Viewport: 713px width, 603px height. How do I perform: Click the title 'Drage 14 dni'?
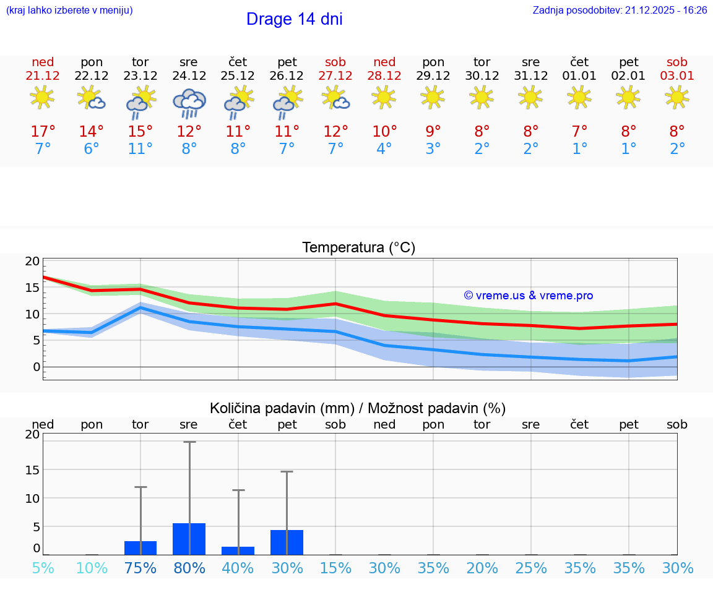tap(294, 19)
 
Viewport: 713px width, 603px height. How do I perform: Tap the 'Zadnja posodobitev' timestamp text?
tap(620, 11)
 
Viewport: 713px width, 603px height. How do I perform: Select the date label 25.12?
tap(238, 76)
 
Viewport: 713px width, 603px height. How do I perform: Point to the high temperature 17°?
tap(43, 132)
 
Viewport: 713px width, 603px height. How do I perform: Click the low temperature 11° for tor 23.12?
tap(140, 149)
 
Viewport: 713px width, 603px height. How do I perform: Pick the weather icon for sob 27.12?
tap(335, 98)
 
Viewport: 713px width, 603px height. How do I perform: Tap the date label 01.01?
tap(579, 76)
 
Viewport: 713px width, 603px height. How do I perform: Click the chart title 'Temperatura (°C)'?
tap(358, 248)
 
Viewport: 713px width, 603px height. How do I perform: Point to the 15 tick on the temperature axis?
tap(32, 288)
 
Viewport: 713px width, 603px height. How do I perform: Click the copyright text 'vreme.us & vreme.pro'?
tap(529, 296)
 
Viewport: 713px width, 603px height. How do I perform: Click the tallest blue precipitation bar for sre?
tap(189, 539)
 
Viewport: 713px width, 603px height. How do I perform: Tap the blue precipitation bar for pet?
tap(287, 542)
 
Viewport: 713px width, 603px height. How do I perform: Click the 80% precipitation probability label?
tap(189, 568)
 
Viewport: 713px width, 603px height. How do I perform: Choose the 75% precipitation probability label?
tap(140, 568)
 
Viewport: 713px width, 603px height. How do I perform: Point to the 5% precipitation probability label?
tap(43, 568)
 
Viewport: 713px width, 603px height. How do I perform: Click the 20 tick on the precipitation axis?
tap(32, 434)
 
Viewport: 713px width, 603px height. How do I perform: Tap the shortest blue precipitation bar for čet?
tap(238, 550)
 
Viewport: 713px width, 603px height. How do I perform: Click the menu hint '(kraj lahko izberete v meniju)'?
tap(69, 11)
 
